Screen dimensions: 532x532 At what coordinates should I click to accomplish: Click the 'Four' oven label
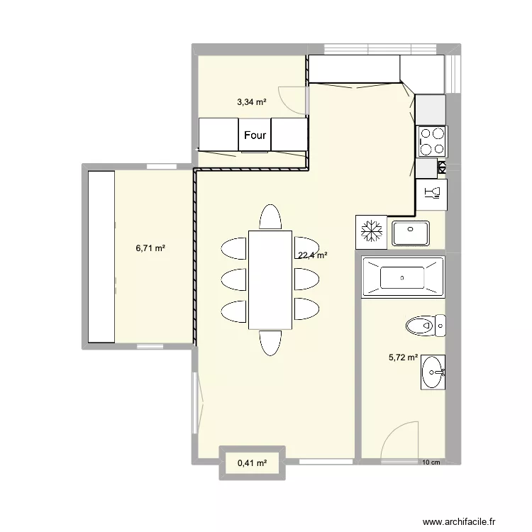point(255,135)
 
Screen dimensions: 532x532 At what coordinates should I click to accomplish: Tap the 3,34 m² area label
point(252,102)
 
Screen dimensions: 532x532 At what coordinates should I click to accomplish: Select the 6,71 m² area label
point(150,248)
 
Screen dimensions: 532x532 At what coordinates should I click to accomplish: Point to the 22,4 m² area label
point(312,255)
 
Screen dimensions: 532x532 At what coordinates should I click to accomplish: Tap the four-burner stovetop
point(431,140)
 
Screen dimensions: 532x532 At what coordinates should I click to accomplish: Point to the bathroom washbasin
point(433,372)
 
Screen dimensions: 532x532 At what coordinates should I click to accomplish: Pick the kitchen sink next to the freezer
point(410,232)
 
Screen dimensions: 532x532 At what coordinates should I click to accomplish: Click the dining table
point(270,279)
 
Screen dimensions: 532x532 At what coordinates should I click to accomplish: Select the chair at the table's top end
point(270,217)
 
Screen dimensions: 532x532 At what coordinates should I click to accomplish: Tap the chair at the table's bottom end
point(270,342)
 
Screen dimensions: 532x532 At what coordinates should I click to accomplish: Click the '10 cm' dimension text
point(431,463)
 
